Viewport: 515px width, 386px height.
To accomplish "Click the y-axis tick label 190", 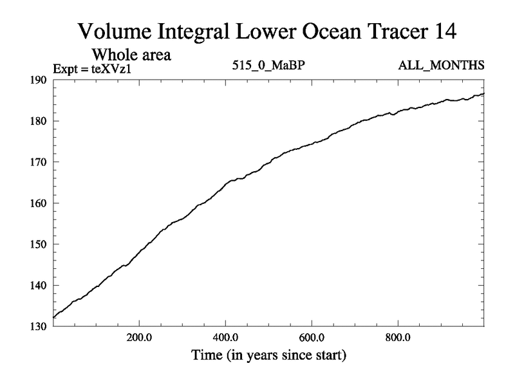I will click(x=40, y=80).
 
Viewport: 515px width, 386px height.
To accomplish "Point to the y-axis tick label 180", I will click(x=40, y=121).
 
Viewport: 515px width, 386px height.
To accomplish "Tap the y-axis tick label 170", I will click(x=40, y=162).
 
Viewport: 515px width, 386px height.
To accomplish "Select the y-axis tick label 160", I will click(x=40, y=203).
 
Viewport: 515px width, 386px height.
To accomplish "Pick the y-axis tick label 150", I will click(x=40, y=244).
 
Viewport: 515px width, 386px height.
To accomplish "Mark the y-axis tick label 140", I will click(x=40, y=286).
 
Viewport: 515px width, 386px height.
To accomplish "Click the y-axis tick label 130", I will click(x=40, y=327).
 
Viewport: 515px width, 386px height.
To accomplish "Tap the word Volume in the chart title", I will click(x=115, y=32).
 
